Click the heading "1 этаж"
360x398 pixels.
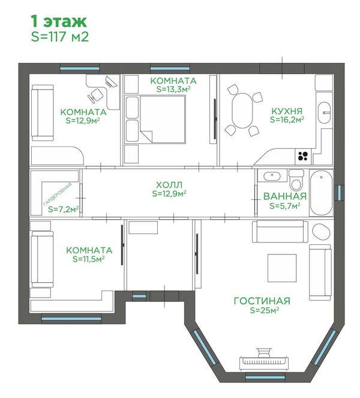point(59,22)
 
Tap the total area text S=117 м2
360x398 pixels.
point(60,37)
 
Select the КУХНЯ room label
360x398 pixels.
point(287,111)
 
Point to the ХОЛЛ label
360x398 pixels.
point(169,184)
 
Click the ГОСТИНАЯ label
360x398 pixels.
point(262,301)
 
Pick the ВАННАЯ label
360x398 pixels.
point(285,196)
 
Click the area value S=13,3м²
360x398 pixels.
point(173,89)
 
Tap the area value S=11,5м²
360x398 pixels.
point(89,259)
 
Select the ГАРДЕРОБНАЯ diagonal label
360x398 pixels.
point(58,194)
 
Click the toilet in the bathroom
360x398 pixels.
point(296,180)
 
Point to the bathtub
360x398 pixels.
point(321,193)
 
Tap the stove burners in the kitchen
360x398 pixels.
point(303,156)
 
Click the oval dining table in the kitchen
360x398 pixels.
point(242,110)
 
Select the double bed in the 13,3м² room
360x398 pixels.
point(163,119)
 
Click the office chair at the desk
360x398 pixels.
point(95,95)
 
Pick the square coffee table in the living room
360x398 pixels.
point(282,268)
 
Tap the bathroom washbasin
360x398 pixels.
point(272,176)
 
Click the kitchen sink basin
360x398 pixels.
point(325,113)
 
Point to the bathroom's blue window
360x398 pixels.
point(339,193)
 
